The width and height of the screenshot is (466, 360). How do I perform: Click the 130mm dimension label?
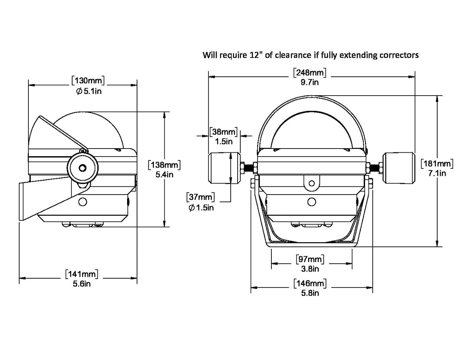pos(88,81)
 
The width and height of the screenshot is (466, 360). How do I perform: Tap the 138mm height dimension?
pos(164,165)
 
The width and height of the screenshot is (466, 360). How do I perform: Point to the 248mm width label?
pos(309,72)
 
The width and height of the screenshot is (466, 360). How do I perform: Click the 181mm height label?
pos(437,163)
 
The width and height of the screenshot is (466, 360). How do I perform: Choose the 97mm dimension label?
pos(310,259)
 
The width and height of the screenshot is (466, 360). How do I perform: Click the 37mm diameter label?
pos(201,198)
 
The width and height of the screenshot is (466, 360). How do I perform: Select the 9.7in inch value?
pos(310,82)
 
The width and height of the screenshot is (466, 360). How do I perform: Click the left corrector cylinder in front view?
pos(224,168)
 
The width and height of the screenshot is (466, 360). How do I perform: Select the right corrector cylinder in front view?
pos(399,168)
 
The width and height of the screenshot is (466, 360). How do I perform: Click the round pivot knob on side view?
pos(83,168)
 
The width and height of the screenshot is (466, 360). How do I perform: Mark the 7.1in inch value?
pos(437,173)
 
